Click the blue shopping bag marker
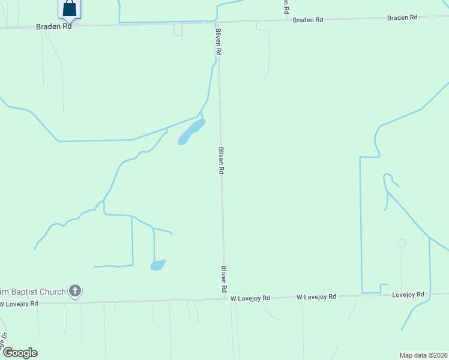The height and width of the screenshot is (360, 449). tap(70, 8)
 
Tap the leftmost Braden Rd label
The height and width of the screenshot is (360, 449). tap(54, 26)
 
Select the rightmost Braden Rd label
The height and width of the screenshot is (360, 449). tap(402, 17)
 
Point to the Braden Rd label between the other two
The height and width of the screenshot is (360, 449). tap(308, 20)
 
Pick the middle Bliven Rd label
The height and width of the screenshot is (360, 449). tap(221, 160)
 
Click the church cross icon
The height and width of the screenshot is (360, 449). tap(75, 292)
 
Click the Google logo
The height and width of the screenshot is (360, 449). tap(20, 353)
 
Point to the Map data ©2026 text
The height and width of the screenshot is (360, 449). tap(424, 355)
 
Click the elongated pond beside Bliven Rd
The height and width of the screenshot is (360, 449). tap(191, 132)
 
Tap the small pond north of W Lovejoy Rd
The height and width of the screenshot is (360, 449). tap(158, 265)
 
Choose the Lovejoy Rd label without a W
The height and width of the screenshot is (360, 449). tap(408, 295)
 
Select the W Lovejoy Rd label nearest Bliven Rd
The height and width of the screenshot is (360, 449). tap(250, 298)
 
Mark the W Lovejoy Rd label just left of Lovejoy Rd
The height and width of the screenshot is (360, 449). tap(316, 296)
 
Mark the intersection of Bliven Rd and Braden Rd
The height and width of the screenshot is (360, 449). tap(217, 23)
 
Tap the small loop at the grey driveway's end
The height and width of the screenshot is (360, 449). tap(402, 242)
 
